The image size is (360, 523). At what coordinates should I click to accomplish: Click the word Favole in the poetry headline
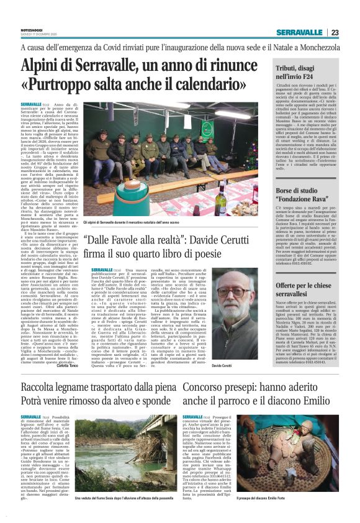click(152, 241)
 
